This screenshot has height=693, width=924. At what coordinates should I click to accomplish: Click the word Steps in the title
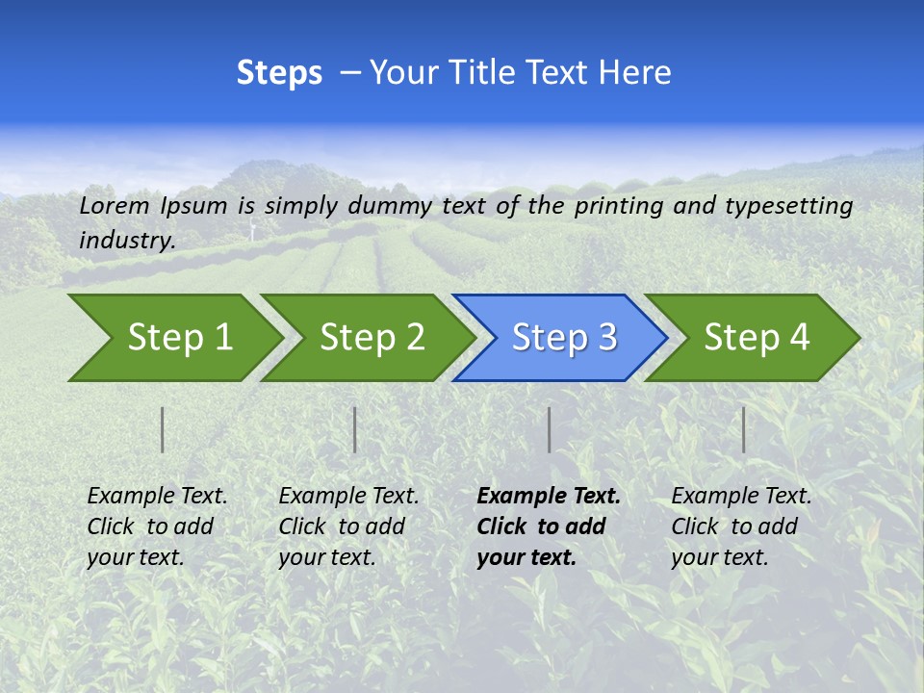point(279,73)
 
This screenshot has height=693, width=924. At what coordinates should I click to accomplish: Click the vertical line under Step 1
point(163,429)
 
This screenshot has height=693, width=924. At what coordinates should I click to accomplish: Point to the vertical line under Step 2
point(355,429)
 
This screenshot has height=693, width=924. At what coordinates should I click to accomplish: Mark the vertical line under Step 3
point(549,429)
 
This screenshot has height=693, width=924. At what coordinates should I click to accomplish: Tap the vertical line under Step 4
point(743,429)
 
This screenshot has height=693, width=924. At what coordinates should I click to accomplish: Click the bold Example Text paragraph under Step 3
point(548,526)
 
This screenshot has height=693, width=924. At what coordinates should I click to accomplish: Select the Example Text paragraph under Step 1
point(157,526)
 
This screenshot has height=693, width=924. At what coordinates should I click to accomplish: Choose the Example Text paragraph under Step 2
point(348,526)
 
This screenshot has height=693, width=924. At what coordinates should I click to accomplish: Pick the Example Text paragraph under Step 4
point(741,526)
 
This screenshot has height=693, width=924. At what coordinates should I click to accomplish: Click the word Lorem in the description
point(115,206)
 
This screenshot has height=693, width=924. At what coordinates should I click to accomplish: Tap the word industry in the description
point(126,241)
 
